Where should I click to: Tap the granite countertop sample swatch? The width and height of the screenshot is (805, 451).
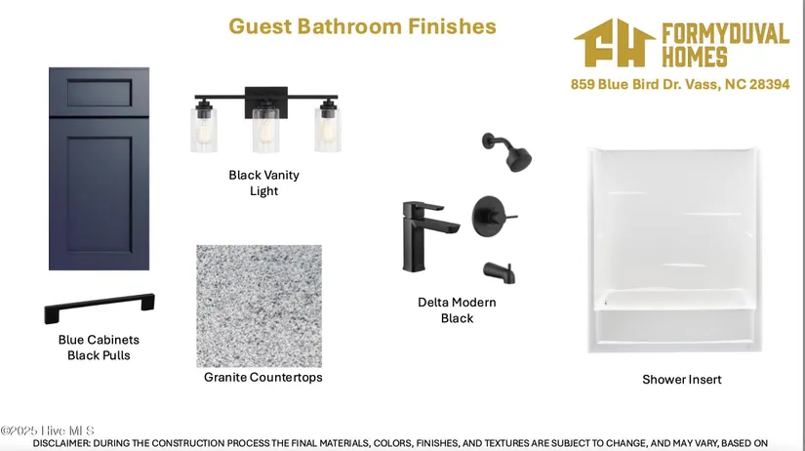coord(260,307)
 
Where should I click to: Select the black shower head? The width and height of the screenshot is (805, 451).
coord(507,151)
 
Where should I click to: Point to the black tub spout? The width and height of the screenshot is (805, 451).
coord(500,272)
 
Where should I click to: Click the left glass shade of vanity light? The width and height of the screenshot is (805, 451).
coord(204,129)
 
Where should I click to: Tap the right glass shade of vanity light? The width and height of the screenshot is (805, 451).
coord(328,129)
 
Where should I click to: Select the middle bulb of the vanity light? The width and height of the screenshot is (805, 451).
coord(265,132)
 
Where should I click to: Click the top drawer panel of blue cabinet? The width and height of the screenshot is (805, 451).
coord(100,93)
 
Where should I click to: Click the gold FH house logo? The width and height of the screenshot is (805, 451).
coord(615,43)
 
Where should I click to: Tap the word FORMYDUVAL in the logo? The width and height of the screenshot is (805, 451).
coord(725,33)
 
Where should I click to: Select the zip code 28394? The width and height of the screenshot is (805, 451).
coord(769,84)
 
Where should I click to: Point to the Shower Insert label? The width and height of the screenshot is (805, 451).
coord(682,380)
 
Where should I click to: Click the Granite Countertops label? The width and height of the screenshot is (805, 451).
coord(263,378)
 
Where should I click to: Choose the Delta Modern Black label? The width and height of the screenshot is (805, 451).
coord(457,310)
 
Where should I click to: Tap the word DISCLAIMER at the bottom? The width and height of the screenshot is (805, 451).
coord(61,443)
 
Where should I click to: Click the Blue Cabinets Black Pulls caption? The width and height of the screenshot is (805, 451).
coord(99,348)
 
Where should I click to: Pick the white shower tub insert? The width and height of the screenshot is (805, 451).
coord(674,250)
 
